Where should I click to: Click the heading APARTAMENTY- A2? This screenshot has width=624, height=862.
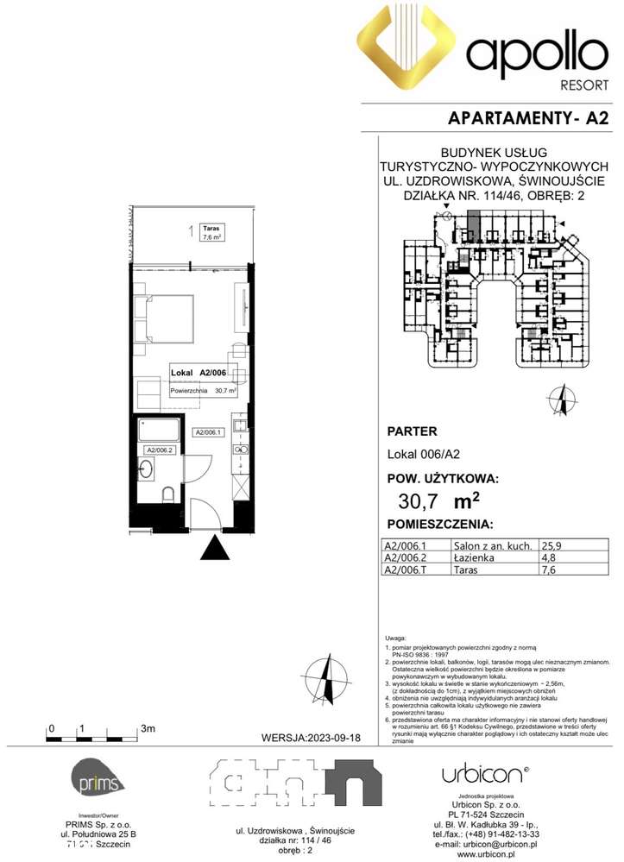529,119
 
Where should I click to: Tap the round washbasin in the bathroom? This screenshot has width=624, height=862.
147,470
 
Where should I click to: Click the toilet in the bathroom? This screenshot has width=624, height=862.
168,493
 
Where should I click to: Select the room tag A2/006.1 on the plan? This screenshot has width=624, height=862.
209,433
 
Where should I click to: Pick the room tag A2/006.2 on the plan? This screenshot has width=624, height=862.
160,450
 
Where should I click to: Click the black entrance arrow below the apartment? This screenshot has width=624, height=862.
214,547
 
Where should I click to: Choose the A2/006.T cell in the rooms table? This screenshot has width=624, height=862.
405,569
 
